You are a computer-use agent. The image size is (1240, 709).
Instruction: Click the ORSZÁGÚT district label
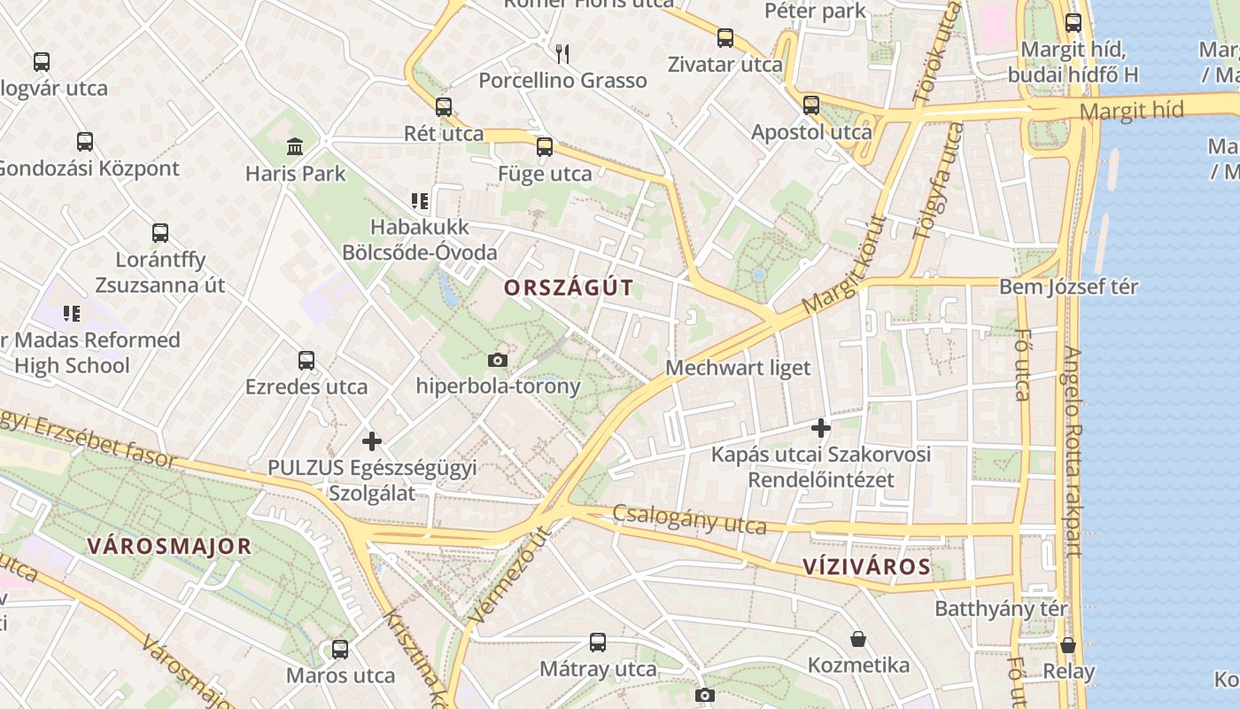coord(569,287)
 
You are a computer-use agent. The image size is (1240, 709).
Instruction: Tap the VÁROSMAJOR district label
coord(169,546)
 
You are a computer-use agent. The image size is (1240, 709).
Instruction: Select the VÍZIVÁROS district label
coord(866,567)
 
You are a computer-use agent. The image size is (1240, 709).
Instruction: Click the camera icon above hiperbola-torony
coord(498,360)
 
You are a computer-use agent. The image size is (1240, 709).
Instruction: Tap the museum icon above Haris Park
coord(295,146)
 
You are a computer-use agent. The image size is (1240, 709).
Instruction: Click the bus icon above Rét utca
coord(444,107)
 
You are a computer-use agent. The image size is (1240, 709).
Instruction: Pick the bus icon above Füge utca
coord(545,147)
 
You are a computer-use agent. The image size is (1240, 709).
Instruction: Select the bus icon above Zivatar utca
coord(725,38)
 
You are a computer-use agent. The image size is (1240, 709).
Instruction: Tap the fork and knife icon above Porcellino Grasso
coord(562,54)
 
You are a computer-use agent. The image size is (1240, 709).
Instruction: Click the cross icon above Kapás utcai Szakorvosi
coord(821,428)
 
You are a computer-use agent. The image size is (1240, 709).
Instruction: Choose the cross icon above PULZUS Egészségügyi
coord(372,440)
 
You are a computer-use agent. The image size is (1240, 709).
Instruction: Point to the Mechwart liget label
coord(738,368)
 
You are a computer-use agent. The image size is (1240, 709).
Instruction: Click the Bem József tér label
coord(1068,287)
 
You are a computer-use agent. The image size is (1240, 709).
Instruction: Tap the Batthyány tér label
coord(1001,610)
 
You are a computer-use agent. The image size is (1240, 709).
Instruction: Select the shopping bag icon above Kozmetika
coord(857,639)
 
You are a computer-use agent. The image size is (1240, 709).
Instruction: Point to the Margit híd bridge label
coord(1132,111)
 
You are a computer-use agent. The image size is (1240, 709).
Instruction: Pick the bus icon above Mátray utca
coord(598,642)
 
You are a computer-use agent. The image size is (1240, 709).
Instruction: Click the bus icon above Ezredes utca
coord(306,361)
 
